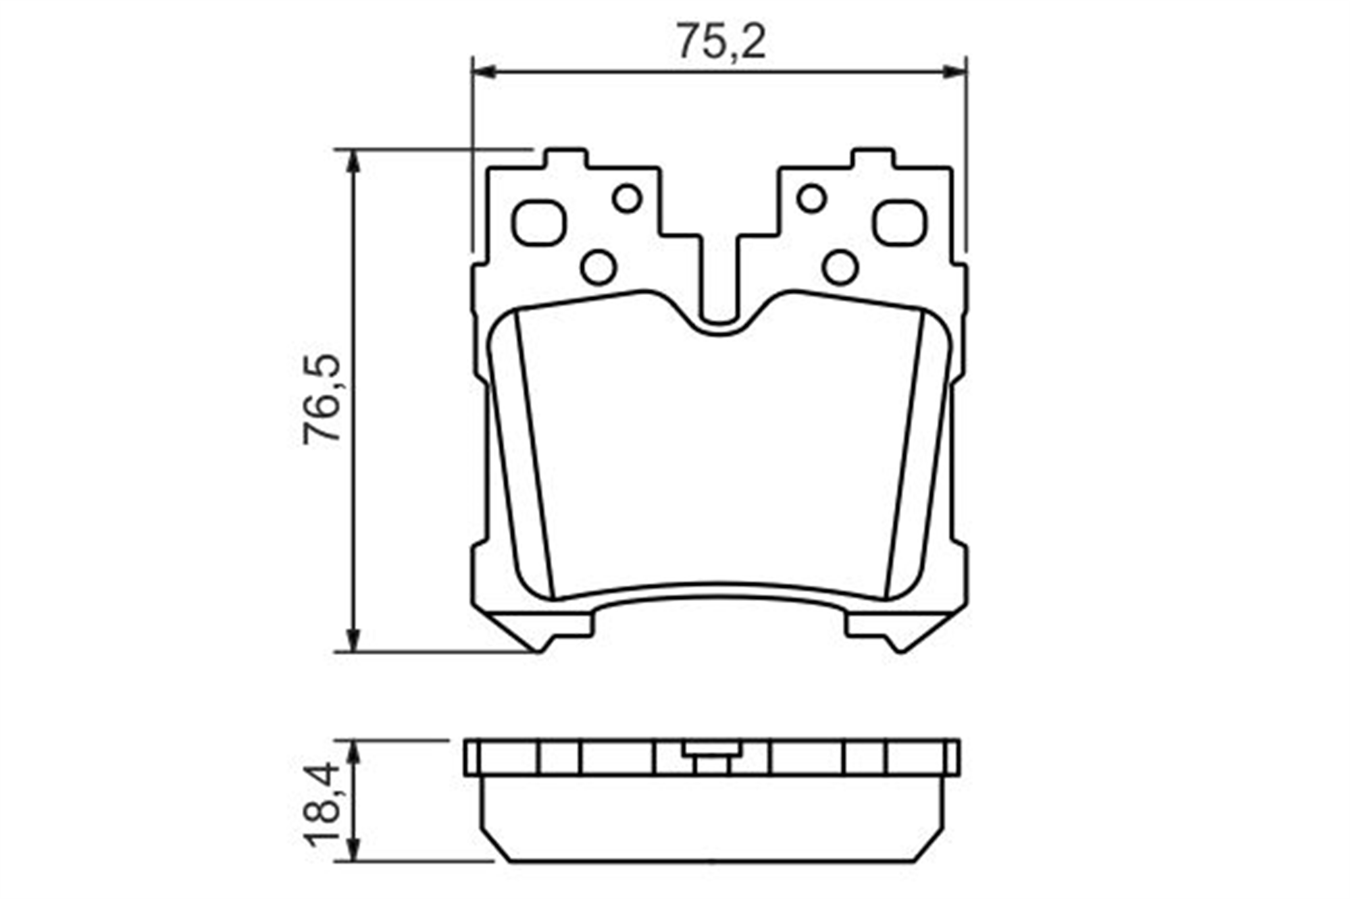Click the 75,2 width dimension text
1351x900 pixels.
click(721, 41)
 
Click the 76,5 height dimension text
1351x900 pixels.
click(322, 399)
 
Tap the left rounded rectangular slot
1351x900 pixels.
click(538, 223)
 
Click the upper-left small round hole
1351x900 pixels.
click(627, 198)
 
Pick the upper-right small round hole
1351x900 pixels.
click(811, 198)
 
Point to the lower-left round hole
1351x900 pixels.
click(598, 267)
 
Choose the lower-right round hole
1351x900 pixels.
click(840, 267)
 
